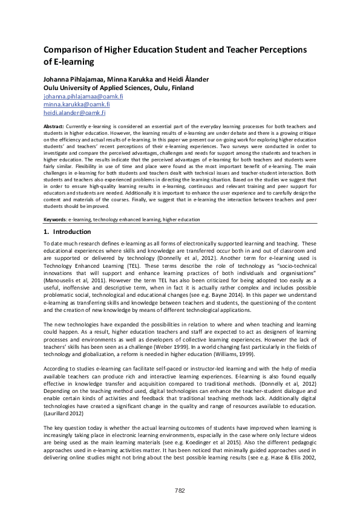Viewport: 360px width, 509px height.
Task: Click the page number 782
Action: (x=180, y=490)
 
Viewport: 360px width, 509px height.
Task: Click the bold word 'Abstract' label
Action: (x=55, y=126)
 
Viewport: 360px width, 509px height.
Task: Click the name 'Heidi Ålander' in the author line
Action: (x=178, y=79)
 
